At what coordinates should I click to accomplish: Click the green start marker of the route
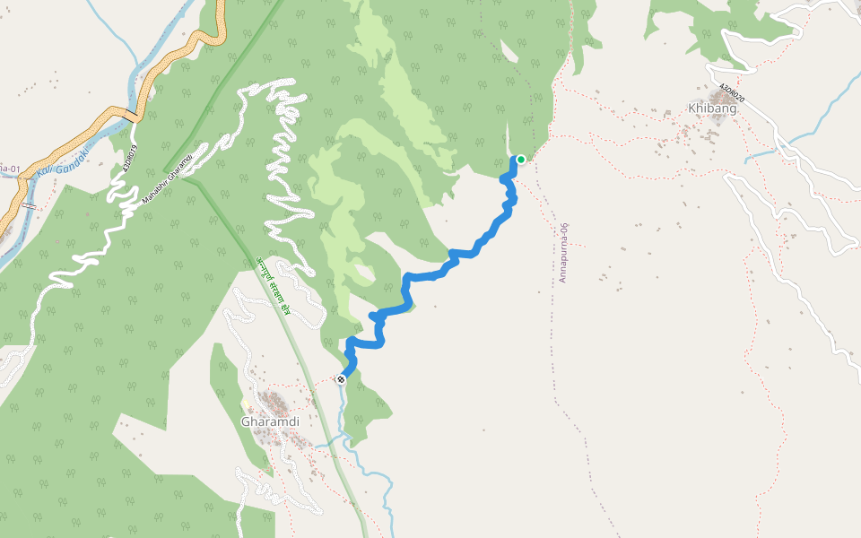coord(520,160)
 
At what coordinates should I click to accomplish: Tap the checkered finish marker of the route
coord(341,379)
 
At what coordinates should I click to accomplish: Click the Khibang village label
coord(712,108)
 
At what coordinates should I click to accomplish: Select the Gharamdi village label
coord(269,421)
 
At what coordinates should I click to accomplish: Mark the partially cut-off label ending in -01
coord(10,168)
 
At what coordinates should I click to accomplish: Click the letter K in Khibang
coord(692,108)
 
